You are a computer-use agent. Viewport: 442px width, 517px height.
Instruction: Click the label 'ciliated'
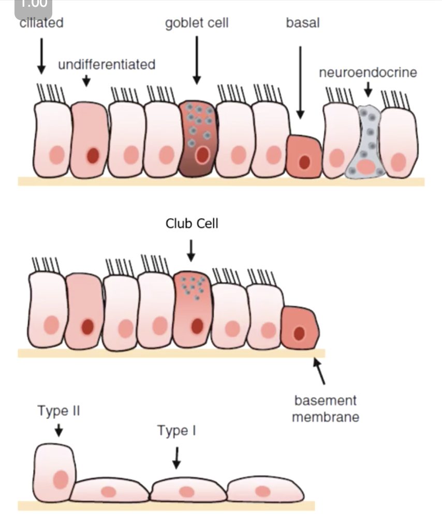point(41,23)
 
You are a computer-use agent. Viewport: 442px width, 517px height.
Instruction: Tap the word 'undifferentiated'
point(106,65)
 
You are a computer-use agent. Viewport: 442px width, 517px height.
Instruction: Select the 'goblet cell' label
point(197,23)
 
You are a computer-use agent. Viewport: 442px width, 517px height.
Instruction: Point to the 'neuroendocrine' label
point(367,73)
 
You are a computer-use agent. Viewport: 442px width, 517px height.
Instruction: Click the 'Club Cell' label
point(192,223)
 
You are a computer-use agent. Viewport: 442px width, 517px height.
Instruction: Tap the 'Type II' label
point(58,411)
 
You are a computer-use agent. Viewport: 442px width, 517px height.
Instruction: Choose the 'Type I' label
point(176,430)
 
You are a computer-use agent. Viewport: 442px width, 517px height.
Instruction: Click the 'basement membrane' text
point(325,408)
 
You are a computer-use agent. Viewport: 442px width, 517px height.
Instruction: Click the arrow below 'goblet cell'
point(197,60)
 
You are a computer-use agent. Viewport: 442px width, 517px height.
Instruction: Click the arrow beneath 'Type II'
point(58,429)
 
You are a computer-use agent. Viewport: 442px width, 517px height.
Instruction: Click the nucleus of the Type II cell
point(61,479)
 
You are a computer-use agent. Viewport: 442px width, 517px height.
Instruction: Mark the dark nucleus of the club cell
point(197,326)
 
